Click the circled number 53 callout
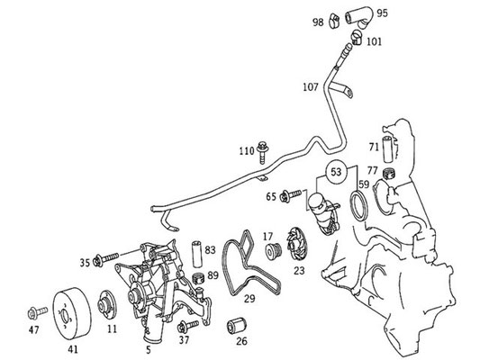click(336, 172)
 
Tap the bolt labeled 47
click(37, 313)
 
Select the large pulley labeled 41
click(72, 314)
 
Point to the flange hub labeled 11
click(107, 305)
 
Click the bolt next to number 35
click(105, 260)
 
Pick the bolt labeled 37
click(188, 326)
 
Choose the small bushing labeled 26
click(237, 326)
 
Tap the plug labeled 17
click(274, 251)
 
